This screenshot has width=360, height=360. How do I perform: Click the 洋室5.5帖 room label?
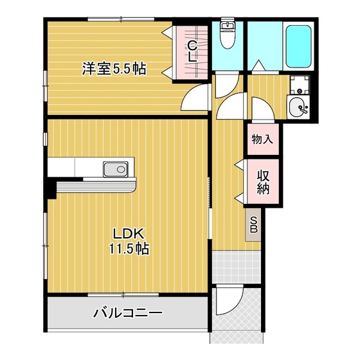[x=113, y=68]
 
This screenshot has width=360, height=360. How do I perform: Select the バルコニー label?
[x=128, y=313]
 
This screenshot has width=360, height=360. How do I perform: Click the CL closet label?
[x=192, y=50]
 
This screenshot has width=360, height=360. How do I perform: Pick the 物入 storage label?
[x=262, y=139]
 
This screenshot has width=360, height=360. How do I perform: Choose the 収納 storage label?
[x=263, y=181]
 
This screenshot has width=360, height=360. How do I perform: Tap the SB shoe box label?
[x=253, y=224]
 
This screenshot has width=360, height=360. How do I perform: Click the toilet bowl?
[x=227, y=39]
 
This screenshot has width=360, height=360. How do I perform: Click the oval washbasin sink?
[x=299, y=109]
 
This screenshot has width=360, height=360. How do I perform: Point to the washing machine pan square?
[x=298, y=85]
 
